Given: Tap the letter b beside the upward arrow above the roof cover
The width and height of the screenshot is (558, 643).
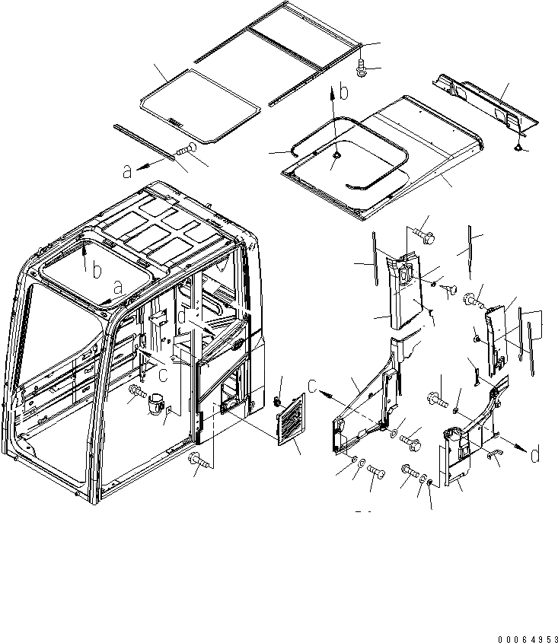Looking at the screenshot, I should tap(344, 93).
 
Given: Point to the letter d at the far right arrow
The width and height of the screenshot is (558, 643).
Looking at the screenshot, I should tap(536, 456).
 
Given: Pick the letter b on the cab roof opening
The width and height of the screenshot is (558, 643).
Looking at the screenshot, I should tap(96, 271).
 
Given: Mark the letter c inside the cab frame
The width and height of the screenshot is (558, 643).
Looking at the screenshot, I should tap(163, 373).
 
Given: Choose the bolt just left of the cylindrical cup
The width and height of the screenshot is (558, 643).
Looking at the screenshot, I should tap(137, 393).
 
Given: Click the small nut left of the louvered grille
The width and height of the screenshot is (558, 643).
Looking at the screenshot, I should tap(278, 400).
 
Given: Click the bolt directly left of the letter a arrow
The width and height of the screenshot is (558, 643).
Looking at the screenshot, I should tap(187, 151).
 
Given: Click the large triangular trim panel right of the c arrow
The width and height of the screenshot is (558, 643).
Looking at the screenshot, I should tap(365, 403).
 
